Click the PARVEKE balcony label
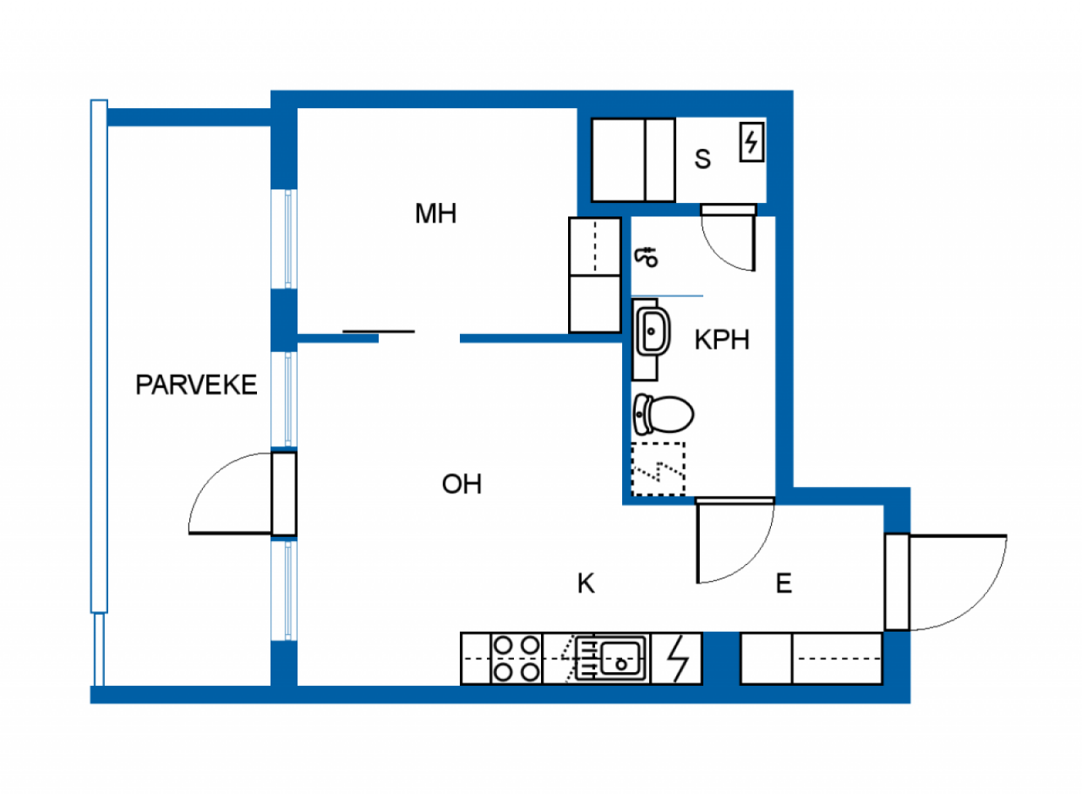click(x=196, y=385)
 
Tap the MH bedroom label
click(x=435, y=214)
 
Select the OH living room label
click(x=462, y=485)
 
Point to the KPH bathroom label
click(x=722, y=340)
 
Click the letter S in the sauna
click(x=702, y=159)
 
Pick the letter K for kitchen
click(x=586, y=583)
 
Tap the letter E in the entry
click(x=784, y=583)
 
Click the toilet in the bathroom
click(x=664, y=414)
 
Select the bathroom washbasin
click(x=653, y=331)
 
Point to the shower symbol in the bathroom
click(x=647, y=256)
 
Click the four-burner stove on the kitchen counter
click(x=516, y=659)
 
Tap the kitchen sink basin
click(x=623, y=658)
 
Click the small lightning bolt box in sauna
click(x=751, y=142)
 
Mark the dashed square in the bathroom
click(x=658, y=469)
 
